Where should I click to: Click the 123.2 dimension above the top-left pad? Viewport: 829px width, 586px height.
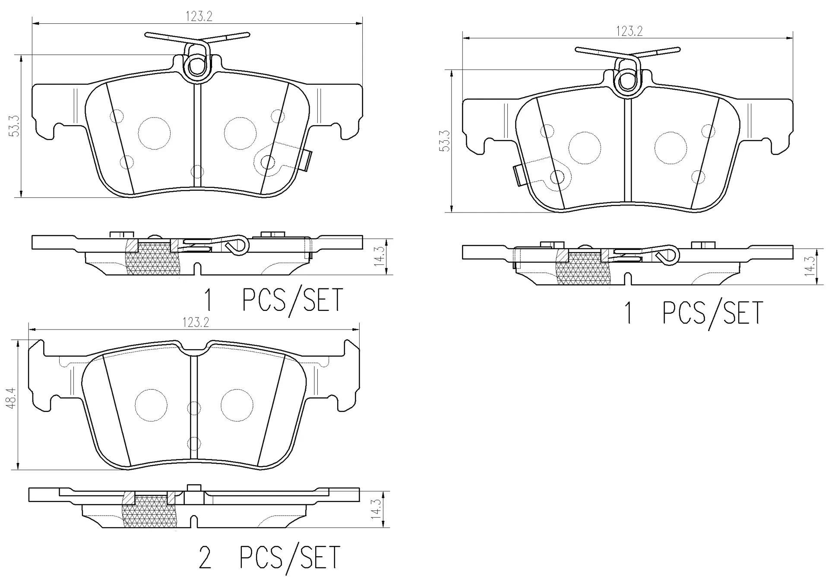(x=199, y=16)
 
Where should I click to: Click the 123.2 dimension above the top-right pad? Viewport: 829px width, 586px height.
(x=629, y=31)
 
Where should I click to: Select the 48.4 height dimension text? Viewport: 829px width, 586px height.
(x=12, y=397)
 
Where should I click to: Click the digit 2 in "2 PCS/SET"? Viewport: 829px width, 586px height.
(x=205, y=557)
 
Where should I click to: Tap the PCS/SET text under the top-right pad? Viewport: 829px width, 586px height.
(x=713, y=314)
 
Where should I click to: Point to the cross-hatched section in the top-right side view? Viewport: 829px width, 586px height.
(x=583, y=269)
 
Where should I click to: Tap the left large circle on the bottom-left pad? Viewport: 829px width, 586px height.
(x=151, y=405)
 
